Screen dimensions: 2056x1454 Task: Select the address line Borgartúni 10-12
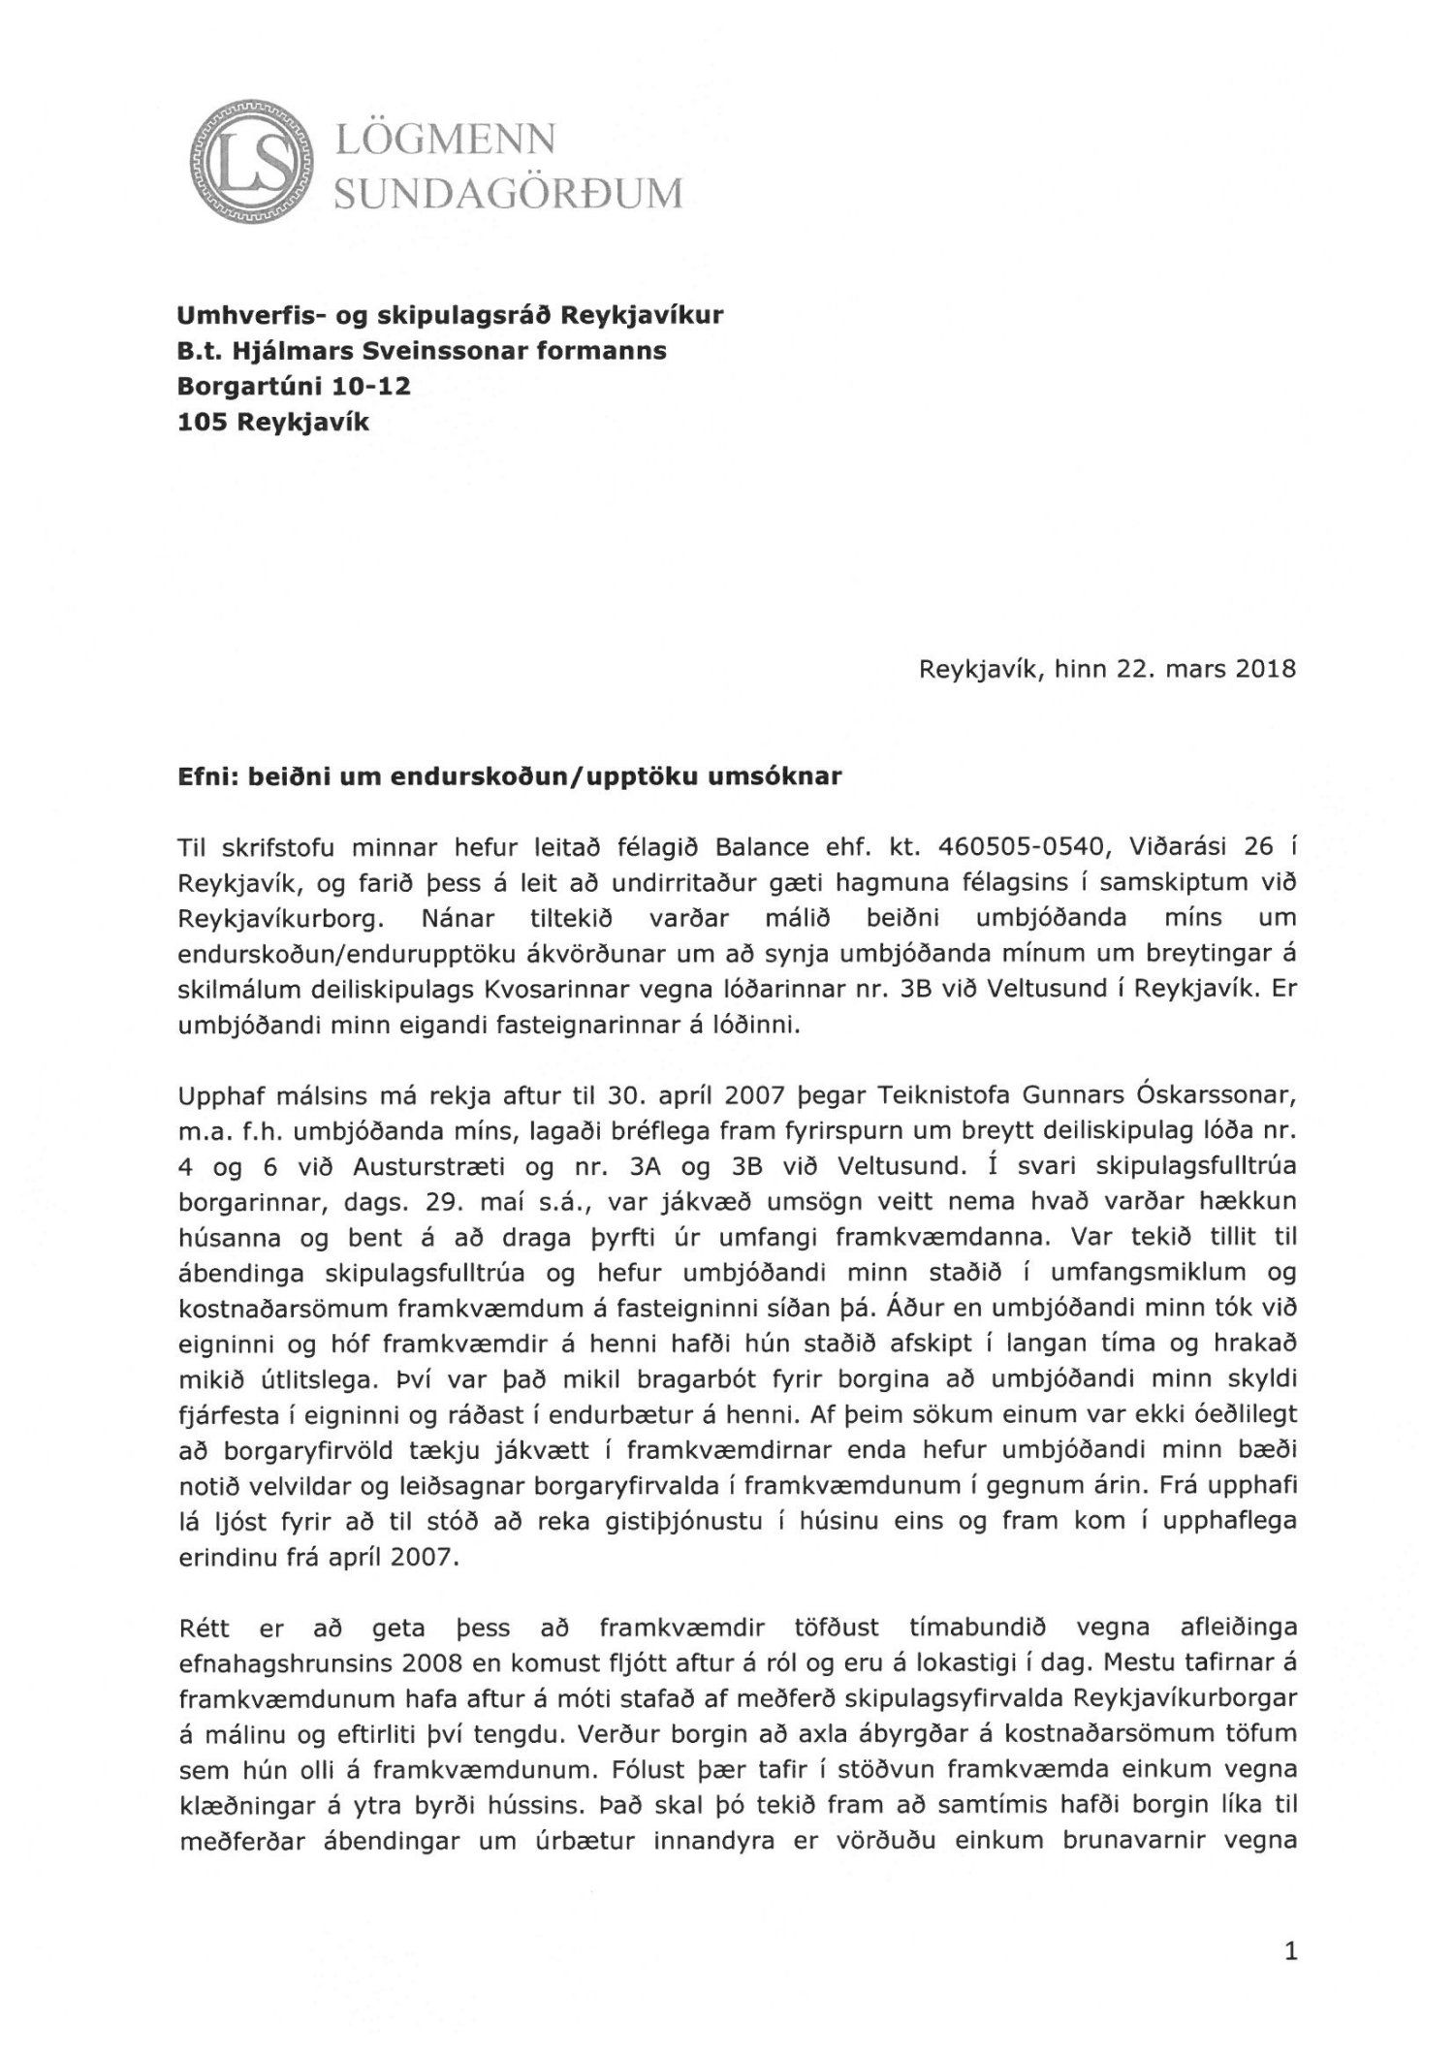pos(294,386)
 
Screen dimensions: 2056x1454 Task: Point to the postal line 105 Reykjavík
pos(272,422)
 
